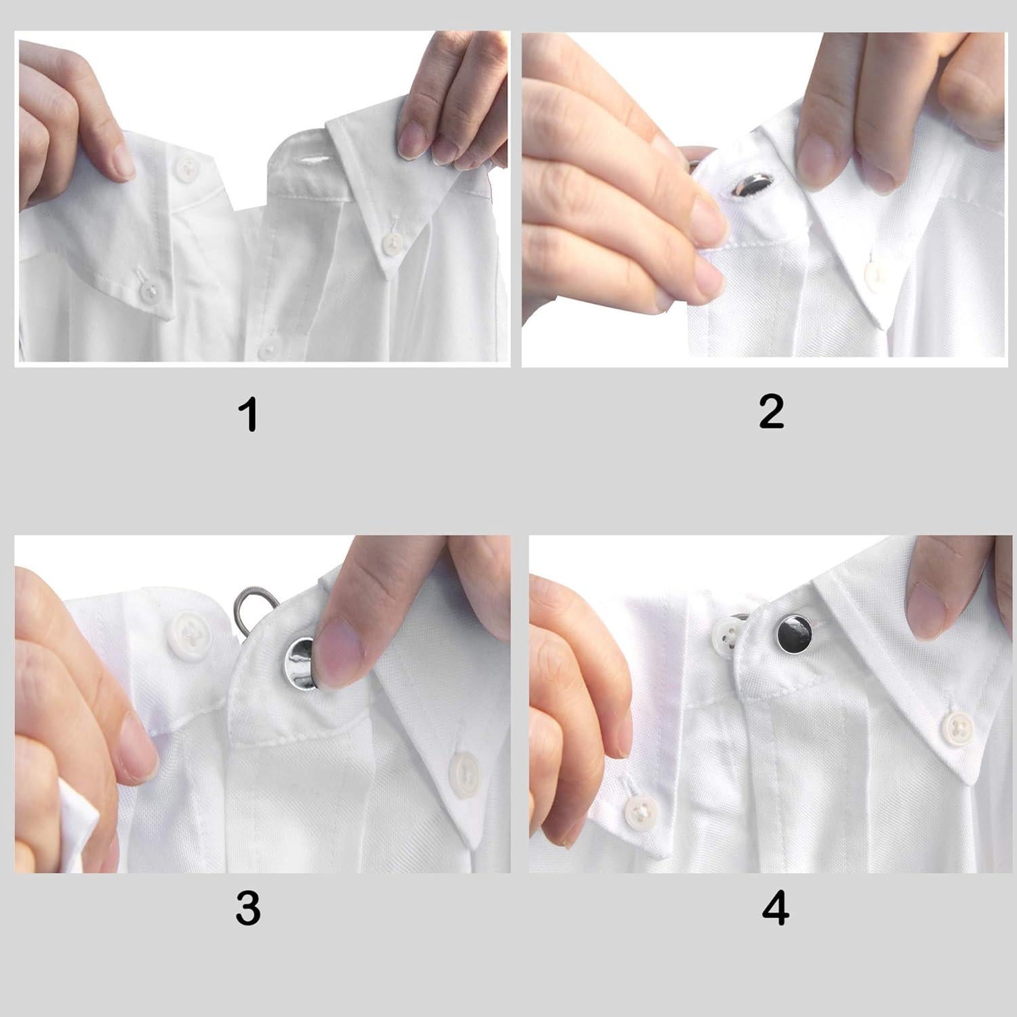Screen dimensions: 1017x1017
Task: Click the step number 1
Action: click(250, 415)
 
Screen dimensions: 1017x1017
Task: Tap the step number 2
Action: click(772, 412)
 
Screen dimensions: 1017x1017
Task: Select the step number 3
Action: click(248, 907)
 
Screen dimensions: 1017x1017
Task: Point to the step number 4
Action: click(775, 907)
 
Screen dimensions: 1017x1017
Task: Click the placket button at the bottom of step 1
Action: click(270, 346)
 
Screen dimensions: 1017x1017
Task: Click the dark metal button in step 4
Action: click(795, 633)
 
